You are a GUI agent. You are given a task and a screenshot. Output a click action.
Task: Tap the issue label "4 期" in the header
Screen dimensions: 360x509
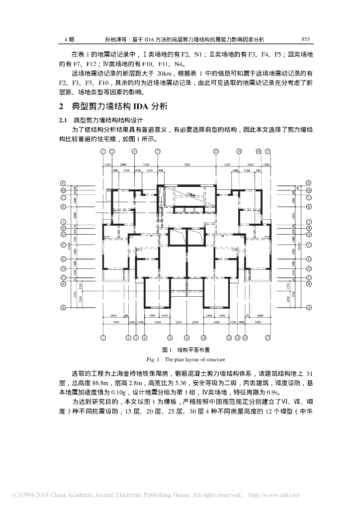pyautogui.click(x=70, y=38)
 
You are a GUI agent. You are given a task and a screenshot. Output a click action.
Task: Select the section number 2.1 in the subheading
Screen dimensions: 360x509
pyautogui.click(x=64, y=120)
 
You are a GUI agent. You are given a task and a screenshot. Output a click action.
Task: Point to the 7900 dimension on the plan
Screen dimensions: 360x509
pyautogui.click(x=187, y=164)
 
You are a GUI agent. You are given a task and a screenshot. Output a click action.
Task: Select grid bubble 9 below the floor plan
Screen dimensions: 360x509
pyautogui.click(x=186, y=338)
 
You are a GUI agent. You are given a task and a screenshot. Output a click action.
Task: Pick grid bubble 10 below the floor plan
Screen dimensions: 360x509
pyautogui.click(x=203, y=338)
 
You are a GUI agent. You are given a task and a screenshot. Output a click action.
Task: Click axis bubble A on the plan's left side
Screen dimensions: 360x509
pyautogui.click(x=63, y=308)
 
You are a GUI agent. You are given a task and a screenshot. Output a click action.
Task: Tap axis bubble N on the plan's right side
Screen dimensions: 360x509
pyautogui.click(x=308, y=183)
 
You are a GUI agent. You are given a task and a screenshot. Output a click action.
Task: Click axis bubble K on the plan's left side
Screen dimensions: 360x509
pyautogui.click(x=63, y=206)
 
